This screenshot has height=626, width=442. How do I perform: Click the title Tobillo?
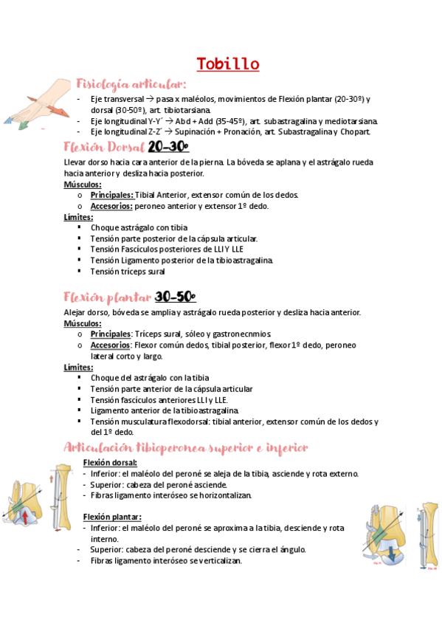228,64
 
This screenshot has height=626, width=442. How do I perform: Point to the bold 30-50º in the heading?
175,297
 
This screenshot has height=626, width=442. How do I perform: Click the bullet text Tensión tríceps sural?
128,271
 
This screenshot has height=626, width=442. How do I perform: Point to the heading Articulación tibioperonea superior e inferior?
185,448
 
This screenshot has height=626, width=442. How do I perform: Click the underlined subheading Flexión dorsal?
110,463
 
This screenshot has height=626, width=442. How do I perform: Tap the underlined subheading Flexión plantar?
112,517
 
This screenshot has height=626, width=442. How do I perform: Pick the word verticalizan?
215,560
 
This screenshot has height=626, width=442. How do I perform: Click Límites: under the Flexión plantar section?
78,367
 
